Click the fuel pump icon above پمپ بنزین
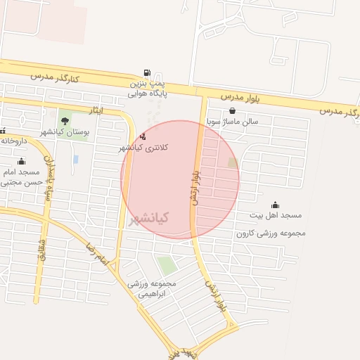(x=146, y=72)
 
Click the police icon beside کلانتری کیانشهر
(x=144, y=136)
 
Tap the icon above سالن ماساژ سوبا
(x=232, y=110)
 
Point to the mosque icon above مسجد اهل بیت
(x=275, y=204)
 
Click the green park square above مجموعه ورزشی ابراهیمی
(x=167, y=266)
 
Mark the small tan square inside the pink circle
(x=233, y=163)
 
